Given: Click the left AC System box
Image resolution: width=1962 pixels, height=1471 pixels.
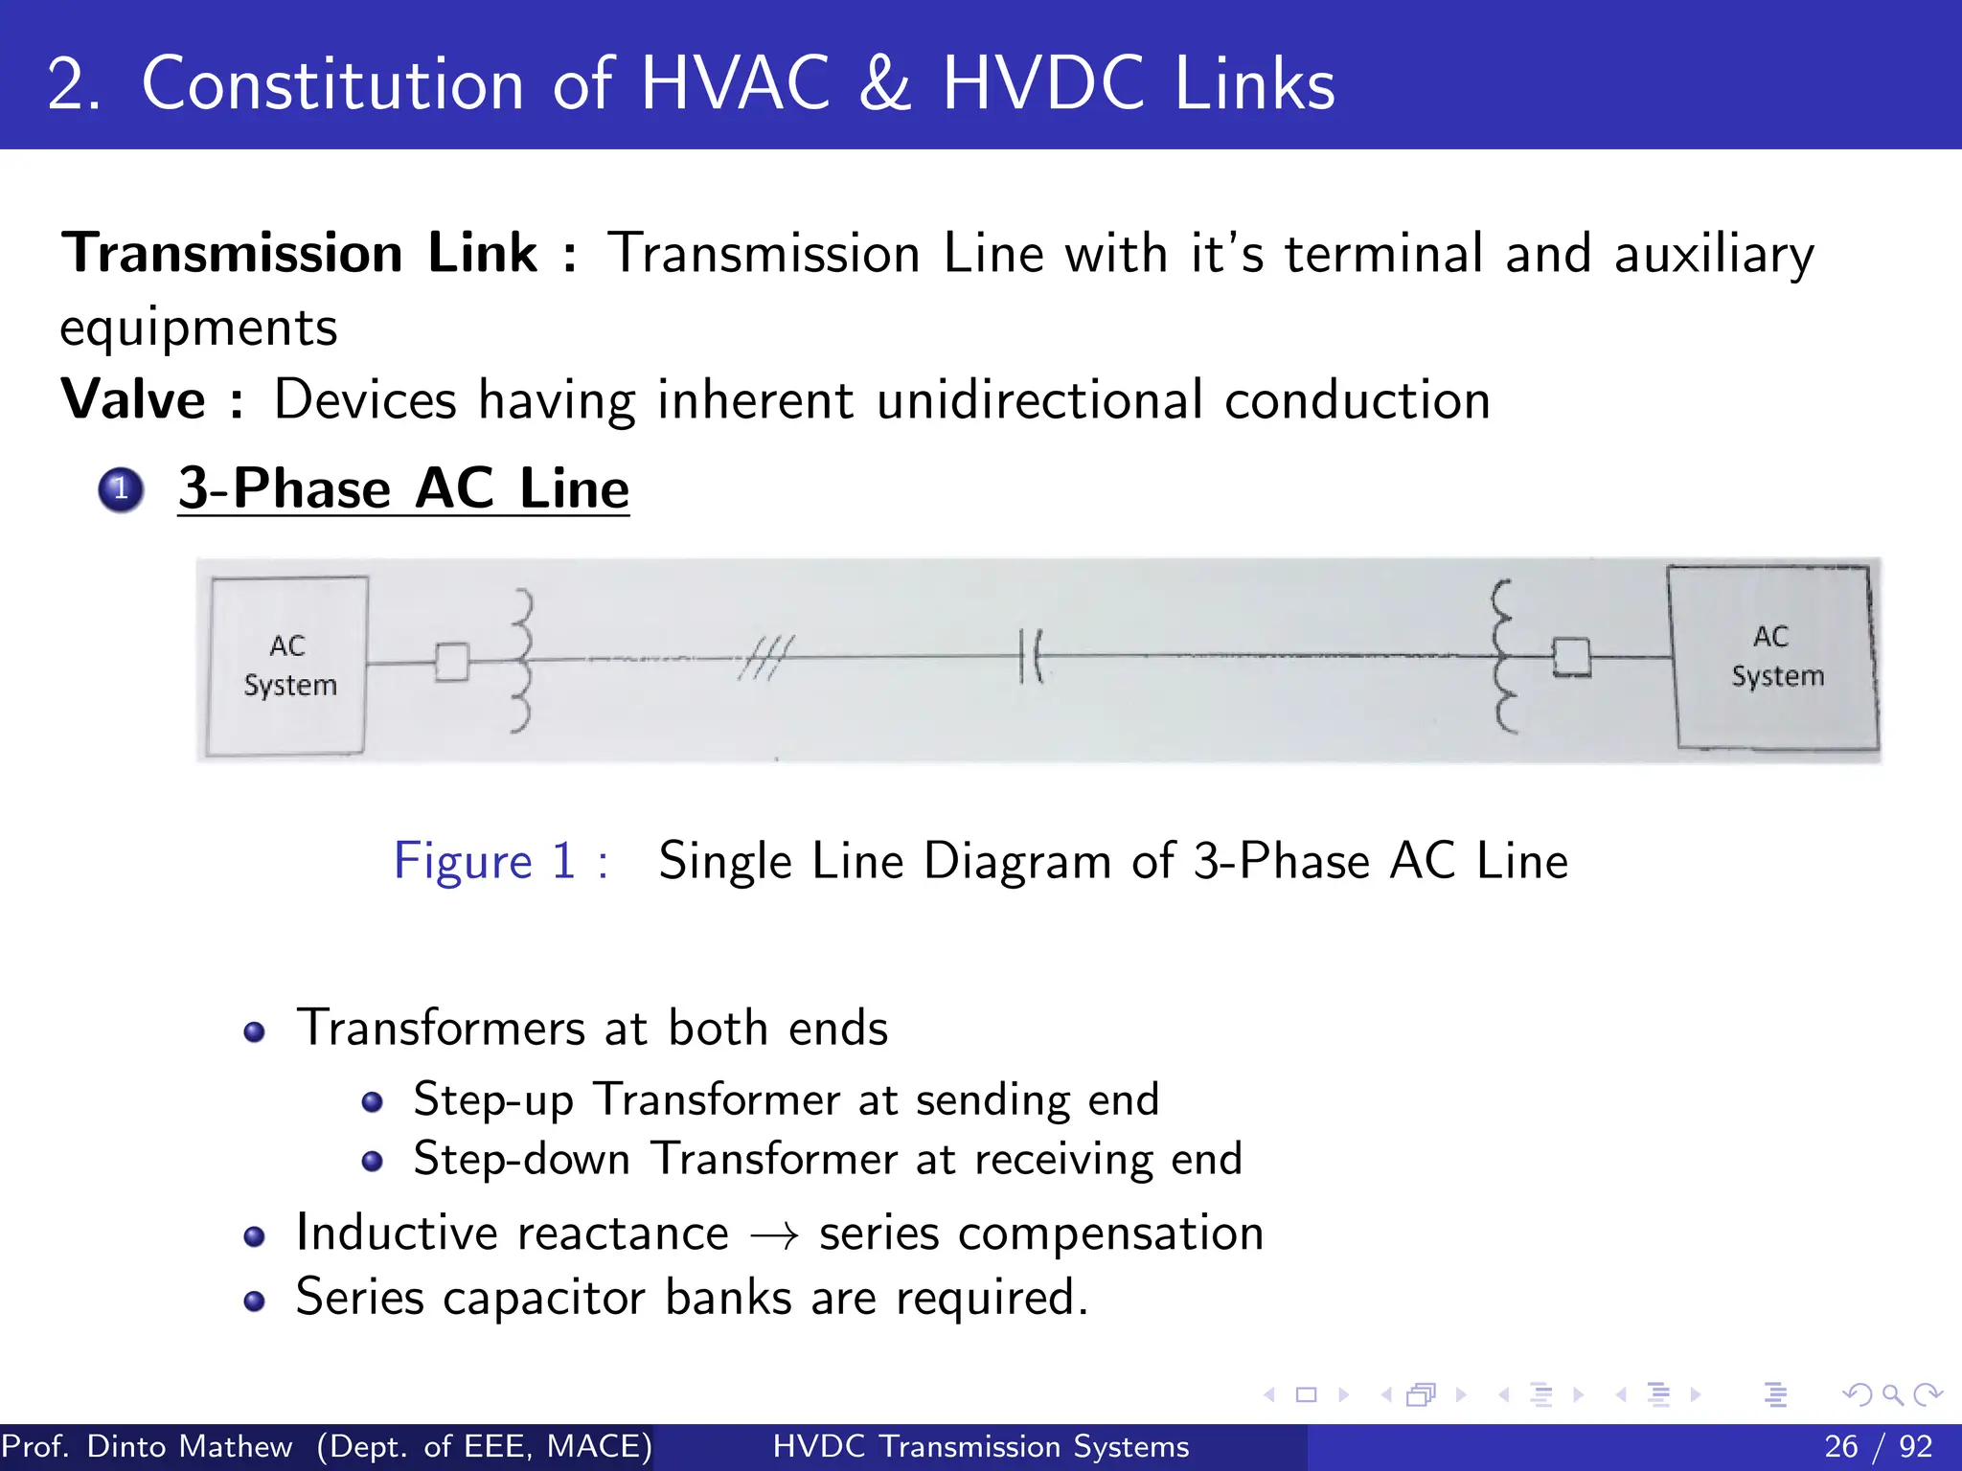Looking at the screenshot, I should pos(287,666).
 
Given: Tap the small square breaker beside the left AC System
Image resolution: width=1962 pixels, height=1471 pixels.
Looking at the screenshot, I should pos(452,661).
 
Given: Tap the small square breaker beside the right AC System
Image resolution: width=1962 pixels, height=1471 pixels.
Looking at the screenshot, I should pos(1571,657).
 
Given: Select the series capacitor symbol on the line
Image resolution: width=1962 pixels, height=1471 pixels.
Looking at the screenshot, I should pos(1031,656).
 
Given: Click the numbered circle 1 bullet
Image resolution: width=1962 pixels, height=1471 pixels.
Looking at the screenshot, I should pos(121,489).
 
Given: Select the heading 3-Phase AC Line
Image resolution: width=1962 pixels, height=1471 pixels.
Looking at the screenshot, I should pos(403,488).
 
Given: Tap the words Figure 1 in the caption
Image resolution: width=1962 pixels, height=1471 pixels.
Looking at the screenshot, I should pos(485,860).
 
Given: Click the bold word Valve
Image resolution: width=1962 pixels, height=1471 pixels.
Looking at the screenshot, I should pos(133,399).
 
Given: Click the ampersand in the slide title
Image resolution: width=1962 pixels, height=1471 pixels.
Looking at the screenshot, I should pos(885,84).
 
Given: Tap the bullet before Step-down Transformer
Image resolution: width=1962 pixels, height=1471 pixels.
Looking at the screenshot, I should pos(373,1162).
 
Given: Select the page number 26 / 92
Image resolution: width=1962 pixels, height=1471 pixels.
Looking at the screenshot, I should pos(1878,1446).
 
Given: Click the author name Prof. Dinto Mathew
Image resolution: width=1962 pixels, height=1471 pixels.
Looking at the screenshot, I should pos(147,1446).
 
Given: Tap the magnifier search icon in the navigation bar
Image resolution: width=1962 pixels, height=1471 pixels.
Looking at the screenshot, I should pos(1892,1394).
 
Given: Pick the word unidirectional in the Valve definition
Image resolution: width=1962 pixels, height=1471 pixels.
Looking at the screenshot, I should pos(1038,399).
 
